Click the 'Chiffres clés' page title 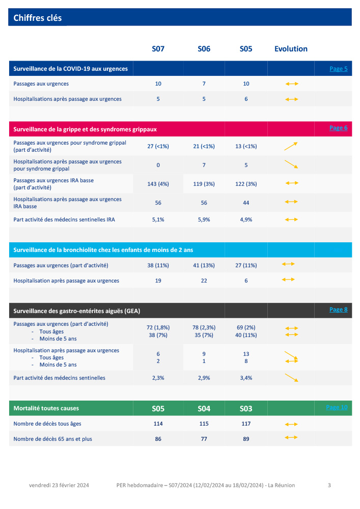tap(38, 18)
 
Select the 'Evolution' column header tap(291, 49)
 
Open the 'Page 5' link tap(338, 69)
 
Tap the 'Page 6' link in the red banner tap(338, 128)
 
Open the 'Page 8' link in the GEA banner tap(338, 309)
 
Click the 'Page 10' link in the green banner tap(337, 407)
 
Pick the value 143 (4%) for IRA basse tap(158, 184)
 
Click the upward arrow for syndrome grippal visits tap(291, 146)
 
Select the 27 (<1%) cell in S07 tap(158, 146)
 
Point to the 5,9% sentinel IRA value tap(204, 220)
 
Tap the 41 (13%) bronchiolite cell tap(204, 265)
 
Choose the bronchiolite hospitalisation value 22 tap(204, 280)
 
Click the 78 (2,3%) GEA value tap(204, 328)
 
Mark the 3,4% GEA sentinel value tap(246, 378)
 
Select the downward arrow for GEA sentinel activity tap(291, 378)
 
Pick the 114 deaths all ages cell tap(158, 423)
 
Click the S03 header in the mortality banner tap(246, 409)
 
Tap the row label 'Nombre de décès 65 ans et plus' tap(52, 439)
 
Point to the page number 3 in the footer tap(329, 485)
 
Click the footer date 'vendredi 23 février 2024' tap(59, 485)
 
